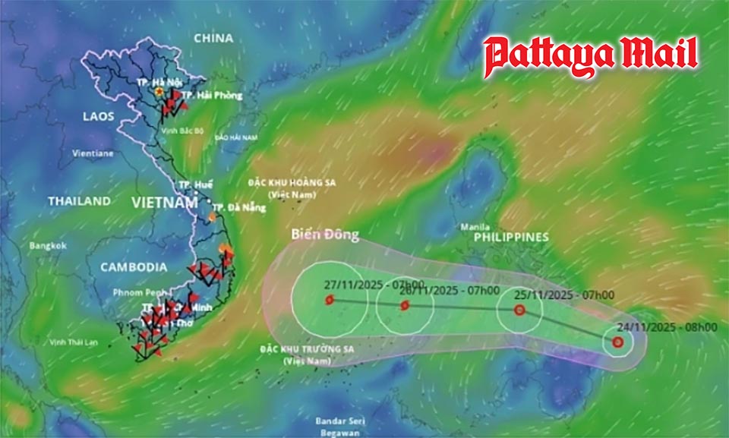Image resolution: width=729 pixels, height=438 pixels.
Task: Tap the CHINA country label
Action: (x=213, y=38)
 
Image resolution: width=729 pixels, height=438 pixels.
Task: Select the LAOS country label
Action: (x=99, y=116)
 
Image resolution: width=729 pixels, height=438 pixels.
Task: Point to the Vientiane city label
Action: (x=93, y=153)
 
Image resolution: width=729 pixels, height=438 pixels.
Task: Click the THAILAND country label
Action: (x=79, y=201)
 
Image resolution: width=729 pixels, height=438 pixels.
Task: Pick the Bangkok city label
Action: (x=49, y=246)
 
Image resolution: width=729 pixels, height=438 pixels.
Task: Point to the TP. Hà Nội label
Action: (x=147, y=82)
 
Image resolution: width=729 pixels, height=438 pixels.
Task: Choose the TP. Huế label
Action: (x=195, y=184)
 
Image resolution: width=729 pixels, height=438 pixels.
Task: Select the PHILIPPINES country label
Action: (x=510, y=238)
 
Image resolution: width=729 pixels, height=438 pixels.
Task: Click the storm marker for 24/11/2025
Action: (x=618, y=342)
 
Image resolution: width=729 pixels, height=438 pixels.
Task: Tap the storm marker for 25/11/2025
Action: (x=519, y=310)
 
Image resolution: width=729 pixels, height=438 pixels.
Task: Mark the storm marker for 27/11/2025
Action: (x=329, y=300)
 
